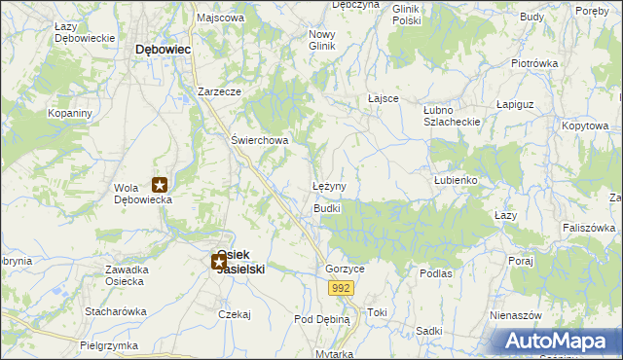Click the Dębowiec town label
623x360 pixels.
[x=163, y=48]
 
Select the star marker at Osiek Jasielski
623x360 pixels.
[x=219, y=261]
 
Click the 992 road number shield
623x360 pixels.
[x=340, y=288]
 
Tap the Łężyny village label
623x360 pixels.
[x=329, y=185]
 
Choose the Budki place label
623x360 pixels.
[x=326, y=209]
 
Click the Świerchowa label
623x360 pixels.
[x=260, y=139]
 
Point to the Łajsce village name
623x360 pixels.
[x=385, y=98]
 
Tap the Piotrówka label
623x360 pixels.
[x=534, y=63]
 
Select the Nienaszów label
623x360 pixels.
[x=516, y=316]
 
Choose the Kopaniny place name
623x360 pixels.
[x=70, y=113]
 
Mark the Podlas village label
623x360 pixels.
[x=436, y=273]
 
